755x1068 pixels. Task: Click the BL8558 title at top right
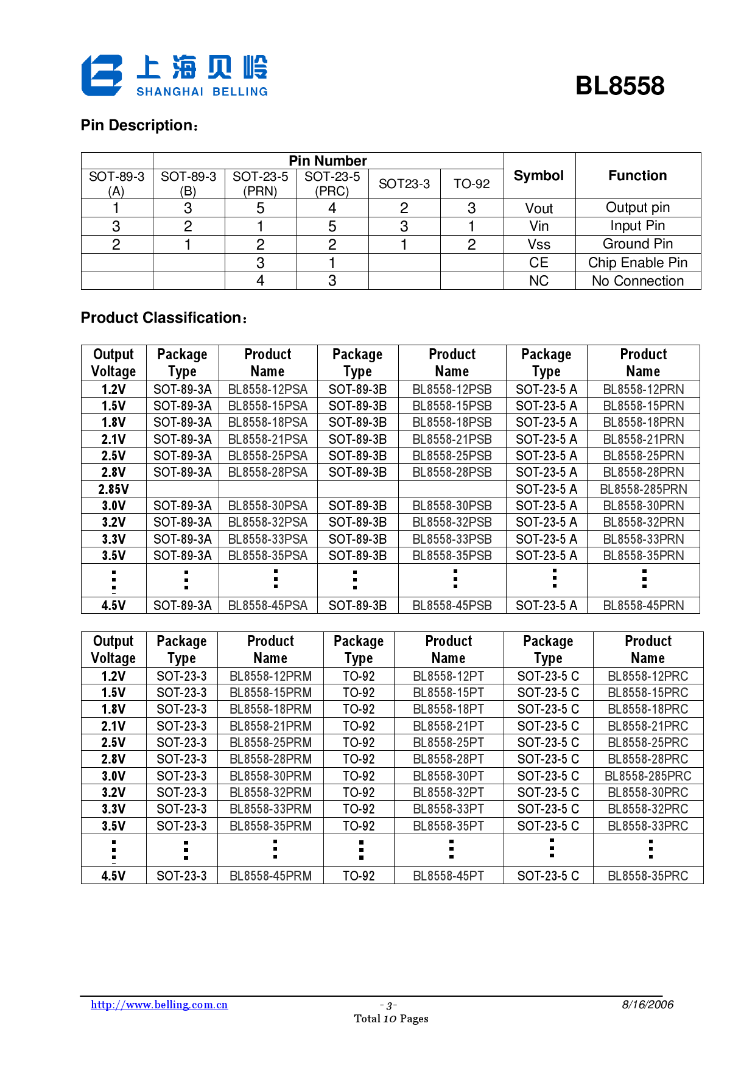(619, 86)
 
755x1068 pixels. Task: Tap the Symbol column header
(539, 176)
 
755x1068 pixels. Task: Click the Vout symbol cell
(539, 208)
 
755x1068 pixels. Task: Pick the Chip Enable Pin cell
(637, 263)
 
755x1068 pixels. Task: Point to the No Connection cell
(637, 281)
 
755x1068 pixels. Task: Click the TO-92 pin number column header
(471, 184)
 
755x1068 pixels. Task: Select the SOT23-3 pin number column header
(404, 184)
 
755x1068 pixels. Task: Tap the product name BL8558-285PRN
(643, 490)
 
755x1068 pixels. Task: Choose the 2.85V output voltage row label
(113, 490)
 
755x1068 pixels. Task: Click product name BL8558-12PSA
(268, 390)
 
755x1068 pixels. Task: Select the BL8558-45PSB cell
(452, 606)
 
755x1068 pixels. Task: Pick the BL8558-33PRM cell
(270, 809)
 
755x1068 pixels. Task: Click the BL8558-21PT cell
(448, 726)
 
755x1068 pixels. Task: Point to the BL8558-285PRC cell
(648, 776)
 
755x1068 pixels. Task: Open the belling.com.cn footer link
(160, 1005)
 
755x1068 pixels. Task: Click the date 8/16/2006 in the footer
(647, 1005)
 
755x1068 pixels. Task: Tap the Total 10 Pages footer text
(391, 1019)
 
